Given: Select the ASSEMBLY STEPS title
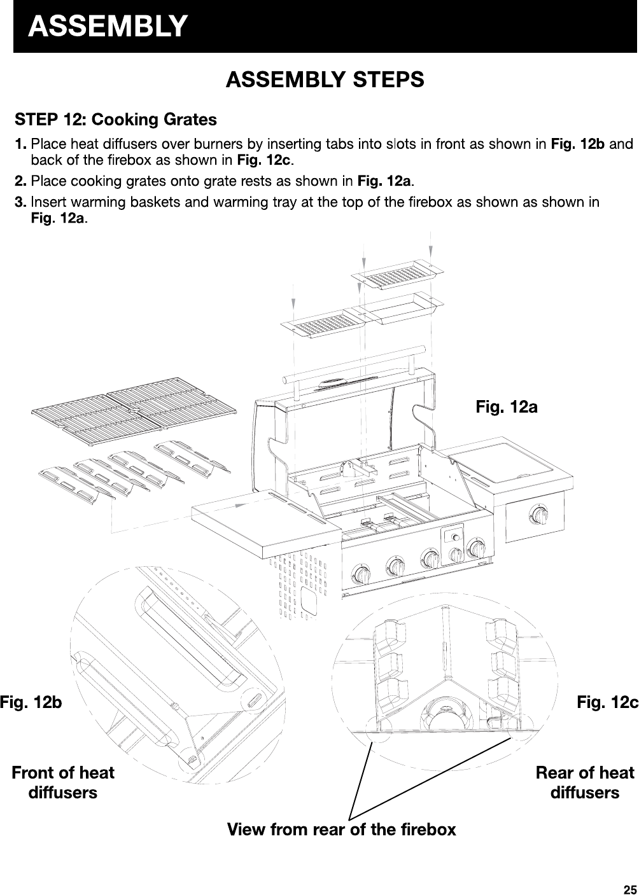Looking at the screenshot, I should pos(325,80).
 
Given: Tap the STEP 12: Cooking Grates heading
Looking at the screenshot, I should pos(116,120).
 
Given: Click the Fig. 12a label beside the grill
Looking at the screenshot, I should pos(507,406).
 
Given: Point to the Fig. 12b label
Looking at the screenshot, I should pos(31,703).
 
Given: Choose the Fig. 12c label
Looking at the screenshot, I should pos(607,703).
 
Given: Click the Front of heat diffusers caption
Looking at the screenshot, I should pos(63,782).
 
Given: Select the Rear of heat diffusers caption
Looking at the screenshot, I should pos(584,782).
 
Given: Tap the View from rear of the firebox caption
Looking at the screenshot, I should pos(342,829).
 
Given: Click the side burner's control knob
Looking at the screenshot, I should pos(540,515).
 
